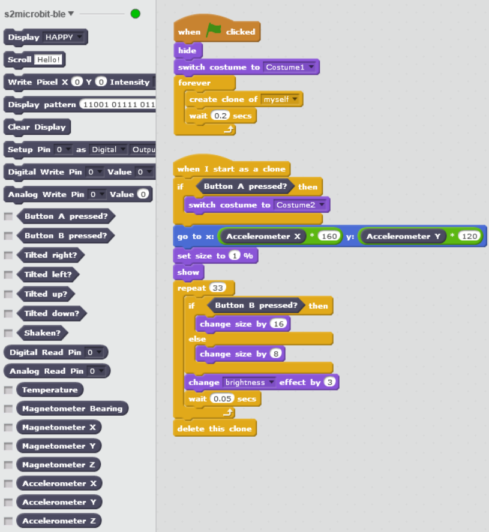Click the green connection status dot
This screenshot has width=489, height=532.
[x=135, y=13]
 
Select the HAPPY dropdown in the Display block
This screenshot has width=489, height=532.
[x=64, y=37]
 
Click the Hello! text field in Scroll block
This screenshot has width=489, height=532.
[x=49, y=60]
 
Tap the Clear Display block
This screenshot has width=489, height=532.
[x=37, y=127]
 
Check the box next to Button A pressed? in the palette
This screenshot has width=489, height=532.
[x=8, y=216]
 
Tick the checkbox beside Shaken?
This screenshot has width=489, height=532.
[x=8, y=333]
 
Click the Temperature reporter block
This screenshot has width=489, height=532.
[x=50, y=390]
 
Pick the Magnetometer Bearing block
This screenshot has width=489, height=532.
[x=72, y=409]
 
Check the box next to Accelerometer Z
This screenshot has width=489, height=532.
[x=8, y=521]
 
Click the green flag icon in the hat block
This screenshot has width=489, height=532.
[x=214, y=31]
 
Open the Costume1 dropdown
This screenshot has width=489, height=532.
[x=290, y=67]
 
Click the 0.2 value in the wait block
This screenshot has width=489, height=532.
[x=220, y=116]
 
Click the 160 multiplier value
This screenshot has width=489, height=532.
[x=330, y=236]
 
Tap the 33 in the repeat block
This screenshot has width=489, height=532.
[x=217, y=288]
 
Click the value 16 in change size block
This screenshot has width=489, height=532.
[x=278, y=324]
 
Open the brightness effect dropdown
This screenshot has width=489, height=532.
[x=249, y=382]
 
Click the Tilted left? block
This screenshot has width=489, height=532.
[x=51, y=274]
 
